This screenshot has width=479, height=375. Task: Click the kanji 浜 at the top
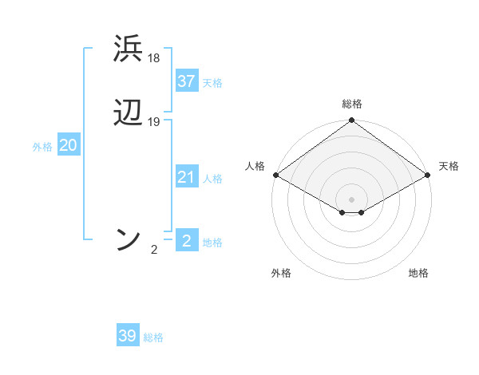point(129,49)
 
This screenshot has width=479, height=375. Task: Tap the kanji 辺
point(129,113)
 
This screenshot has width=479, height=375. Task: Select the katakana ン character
point(129,239)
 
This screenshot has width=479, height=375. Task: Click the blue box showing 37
point(187,81)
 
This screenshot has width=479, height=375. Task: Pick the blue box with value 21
point(187,177)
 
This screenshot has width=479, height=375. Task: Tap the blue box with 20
point(69,145)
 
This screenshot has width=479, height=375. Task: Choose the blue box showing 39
point(128,336)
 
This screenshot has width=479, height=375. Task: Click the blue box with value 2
point(187,241)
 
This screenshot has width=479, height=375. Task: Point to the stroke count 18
point(154,58)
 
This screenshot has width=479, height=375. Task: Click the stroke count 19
point(154,122)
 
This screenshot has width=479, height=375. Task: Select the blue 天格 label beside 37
point(212,83)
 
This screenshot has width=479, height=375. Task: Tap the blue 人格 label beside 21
point(212,179)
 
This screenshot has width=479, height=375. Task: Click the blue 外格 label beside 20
point(42,147)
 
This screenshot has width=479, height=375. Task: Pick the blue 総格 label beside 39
point(153,337)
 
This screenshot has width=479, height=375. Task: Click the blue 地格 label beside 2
point(212,243)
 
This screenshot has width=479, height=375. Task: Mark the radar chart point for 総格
point(351,121)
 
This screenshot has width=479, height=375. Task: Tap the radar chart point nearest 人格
point(275,175)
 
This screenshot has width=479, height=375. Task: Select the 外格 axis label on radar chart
point(281,273)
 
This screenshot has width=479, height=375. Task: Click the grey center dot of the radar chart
point(351,199)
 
